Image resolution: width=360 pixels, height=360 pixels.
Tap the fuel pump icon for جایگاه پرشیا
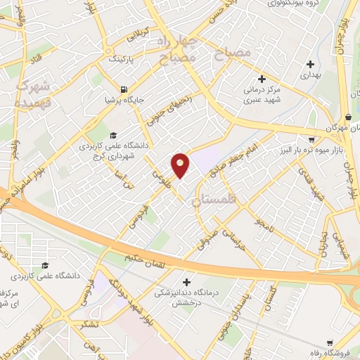(124, 90)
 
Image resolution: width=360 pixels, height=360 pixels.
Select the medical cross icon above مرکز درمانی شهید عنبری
(262, 79)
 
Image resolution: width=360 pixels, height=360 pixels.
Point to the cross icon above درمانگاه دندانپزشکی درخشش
(186, 281)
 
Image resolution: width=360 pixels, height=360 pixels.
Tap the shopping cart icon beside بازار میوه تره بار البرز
(311, 139)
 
